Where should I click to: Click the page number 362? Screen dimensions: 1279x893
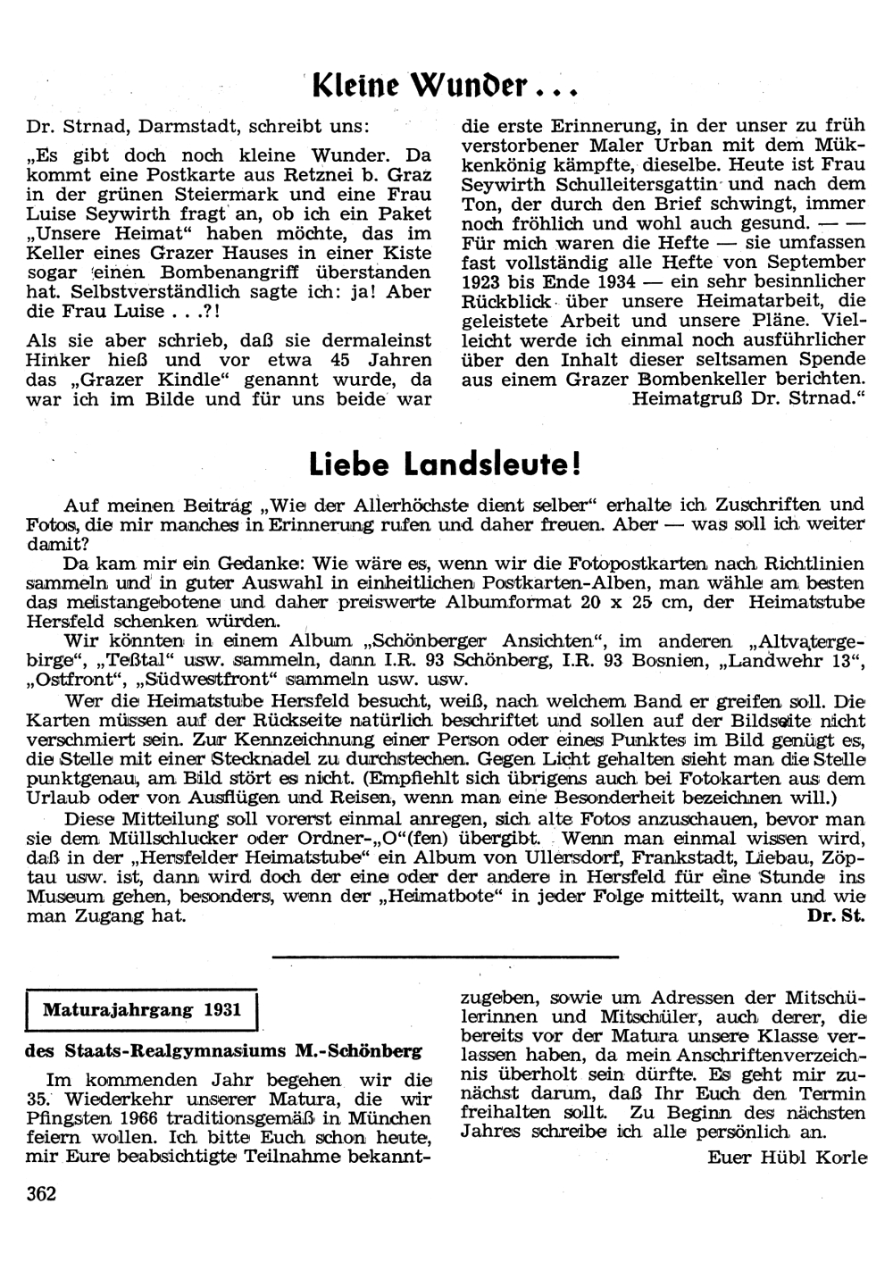(42, 1193)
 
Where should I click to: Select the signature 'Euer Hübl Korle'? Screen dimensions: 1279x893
(787, 1157)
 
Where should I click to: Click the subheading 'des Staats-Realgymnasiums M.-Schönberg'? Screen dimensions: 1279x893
(224, 1050)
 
